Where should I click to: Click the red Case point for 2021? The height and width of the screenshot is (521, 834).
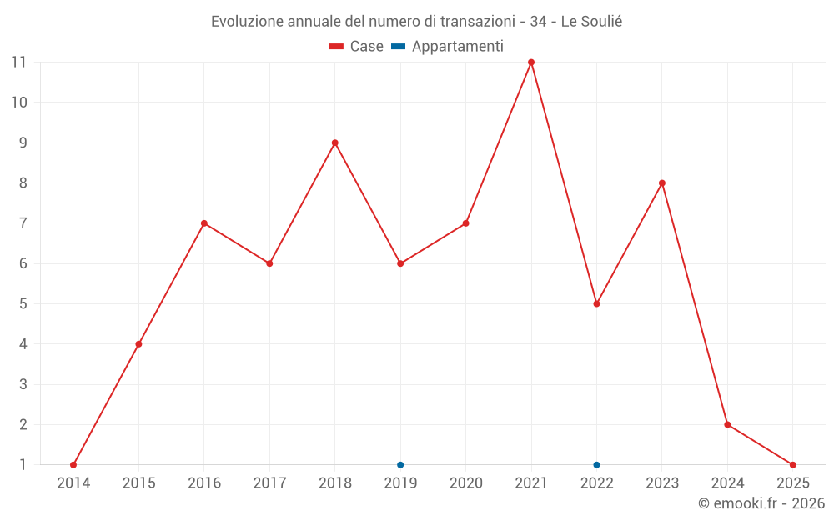pyautogui.click(x=531, y=63)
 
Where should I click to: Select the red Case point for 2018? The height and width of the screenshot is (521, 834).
pyautogui.click(x=335, y=143)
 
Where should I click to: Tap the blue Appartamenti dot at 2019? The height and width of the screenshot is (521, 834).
pyautogui.click(x=400, y=465)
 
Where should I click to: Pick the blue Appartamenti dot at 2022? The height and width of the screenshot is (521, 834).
pyautogui.click(x=596, y=465)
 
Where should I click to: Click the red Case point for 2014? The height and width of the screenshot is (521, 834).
pyautogui.click(x=73, y=465)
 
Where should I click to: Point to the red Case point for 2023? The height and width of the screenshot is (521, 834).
pyautogui.click(x=662, y=183)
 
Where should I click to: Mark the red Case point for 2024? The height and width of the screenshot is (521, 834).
pyautogui.click(x=727, y=425)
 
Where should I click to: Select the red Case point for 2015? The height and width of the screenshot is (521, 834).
pyautogui.click(x=138, y=344)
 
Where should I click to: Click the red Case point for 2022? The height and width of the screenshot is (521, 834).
pyautogui.click(x=596, y=304)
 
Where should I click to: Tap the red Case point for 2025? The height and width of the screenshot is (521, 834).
pyautogui.click(x=792, y=465)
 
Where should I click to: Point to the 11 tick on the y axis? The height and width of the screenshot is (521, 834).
pyautogui.click(x=18, y=63)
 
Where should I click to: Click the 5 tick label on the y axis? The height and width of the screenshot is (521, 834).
pyautogui.click(x=23, y=304)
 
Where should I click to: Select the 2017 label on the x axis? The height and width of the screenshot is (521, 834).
pyautogui.click(x=269, y=483)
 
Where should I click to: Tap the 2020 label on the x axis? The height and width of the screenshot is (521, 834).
pyautogui.click(x=465, y=483)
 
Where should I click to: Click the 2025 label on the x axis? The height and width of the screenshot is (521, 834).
pyautogui.click(x=792, y=483)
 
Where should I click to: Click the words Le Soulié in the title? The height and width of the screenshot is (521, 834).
pyautogui.click(x=591, y=22)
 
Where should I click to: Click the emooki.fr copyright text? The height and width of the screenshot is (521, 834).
pyautogui.click(x=761, y=503)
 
